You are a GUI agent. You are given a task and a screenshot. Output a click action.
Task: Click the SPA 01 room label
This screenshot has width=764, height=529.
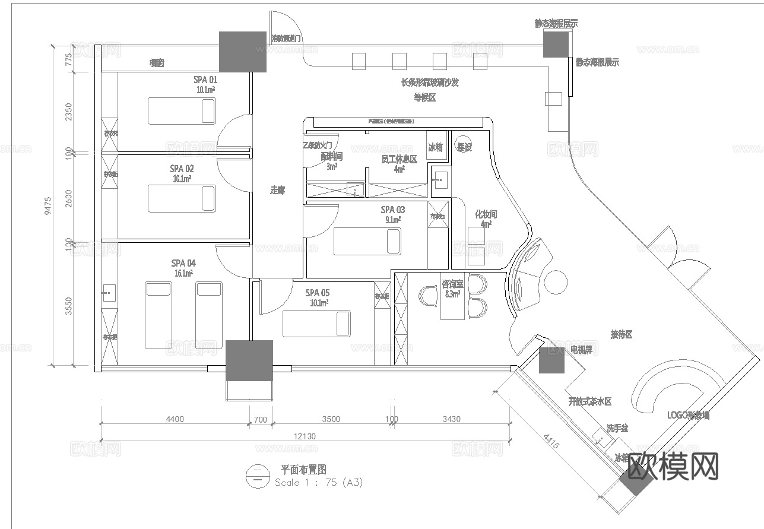(x=205, y=80)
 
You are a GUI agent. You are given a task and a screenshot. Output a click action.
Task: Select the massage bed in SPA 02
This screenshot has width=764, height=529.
(x=182, y=198)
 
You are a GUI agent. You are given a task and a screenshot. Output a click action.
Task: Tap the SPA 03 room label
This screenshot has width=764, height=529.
(x=392, y=210)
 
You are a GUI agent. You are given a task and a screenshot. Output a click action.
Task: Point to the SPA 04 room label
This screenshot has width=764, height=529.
(x=183, y=263)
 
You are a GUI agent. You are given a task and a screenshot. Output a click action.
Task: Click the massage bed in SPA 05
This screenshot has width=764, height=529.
(x=316, y=324)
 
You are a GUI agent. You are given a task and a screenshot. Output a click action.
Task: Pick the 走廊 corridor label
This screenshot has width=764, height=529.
(x=277, y=191)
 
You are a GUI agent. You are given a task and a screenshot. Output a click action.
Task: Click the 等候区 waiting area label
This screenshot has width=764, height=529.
(x=424, y=98)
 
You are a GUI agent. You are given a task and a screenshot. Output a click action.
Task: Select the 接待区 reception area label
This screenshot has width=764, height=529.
(x=621, y=335)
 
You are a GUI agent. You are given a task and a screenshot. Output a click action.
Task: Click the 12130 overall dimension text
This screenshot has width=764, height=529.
(x=304, y=436)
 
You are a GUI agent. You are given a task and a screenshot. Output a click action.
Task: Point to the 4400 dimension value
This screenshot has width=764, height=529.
(x=175, y=419)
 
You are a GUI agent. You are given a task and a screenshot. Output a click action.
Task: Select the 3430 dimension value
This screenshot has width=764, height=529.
(x=451, y=419)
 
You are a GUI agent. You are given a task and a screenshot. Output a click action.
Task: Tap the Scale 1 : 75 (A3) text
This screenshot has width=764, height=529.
(x=318, y=483)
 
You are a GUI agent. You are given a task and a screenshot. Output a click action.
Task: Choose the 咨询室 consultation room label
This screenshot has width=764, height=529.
(x=452, y=285)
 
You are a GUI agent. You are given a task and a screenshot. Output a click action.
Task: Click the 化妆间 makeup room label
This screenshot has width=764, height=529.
(x=486, y=214)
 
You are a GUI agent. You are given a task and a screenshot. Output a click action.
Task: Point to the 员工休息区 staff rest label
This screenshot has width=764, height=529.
(x=399, y=159)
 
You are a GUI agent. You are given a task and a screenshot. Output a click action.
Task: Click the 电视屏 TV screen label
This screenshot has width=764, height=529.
(x=581, y=350)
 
